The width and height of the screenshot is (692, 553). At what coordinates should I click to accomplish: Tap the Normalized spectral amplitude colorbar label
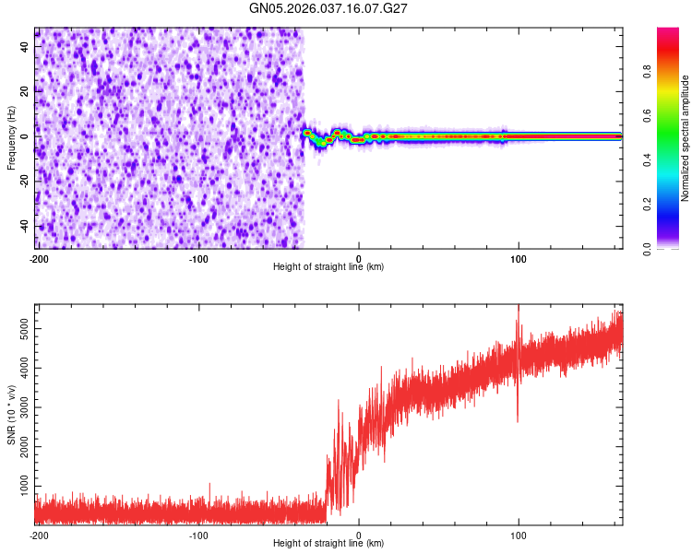[x=686, y=138]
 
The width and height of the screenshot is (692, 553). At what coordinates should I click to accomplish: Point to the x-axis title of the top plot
[x=328, y=266]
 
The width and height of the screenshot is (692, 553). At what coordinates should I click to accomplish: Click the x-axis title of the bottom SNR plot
[x=328, y=543]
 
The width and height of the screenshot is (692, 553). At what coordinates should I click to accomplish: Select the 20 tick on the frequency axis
[x=25, y=90]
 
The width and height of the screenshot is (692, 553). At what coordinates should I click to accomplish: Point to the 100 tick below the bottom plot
[x=519, y=534]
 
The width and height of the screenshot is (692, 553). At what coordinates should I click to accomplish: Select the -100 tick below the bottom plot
[x=197, y=534]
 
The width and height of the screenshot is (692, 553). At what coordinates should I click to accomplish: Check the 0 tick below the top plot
[x=359, y=257]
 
